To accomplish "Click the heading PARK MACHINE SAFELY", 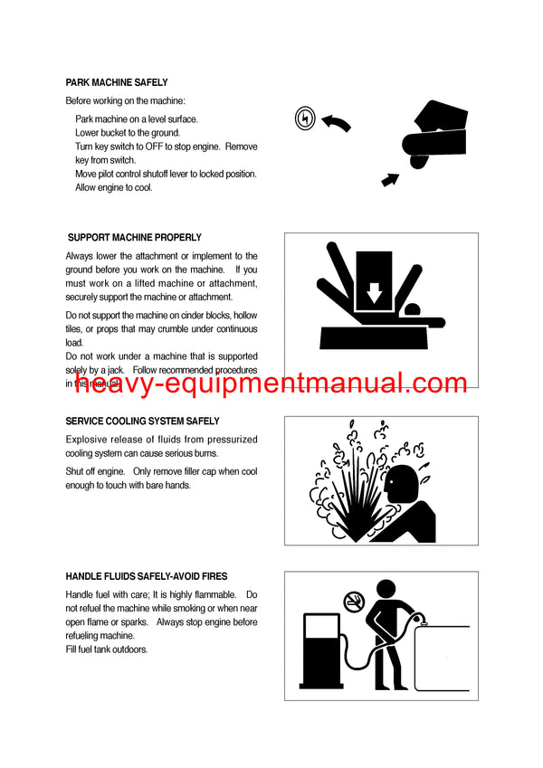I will (x=117, y=82).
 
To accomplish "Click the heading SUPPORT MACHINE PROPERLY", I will (x=135, y=237).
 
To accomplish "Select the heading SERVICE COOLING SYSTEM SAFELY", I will (x=142, y=422).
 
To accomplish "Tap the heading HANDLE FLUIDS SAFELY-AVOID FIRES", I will (x=147, y=576).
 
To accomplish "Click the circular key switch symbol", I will (x=305, y=117).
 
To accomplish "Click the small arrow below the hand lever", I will (x=390, y=179).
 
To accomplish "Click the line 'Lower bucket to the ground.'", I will (x=128, y=133).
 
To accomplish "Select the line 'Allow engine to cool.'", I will (x=114, y=187).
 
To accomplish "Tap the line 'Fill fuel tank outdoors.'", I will (x=107, y=649).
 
